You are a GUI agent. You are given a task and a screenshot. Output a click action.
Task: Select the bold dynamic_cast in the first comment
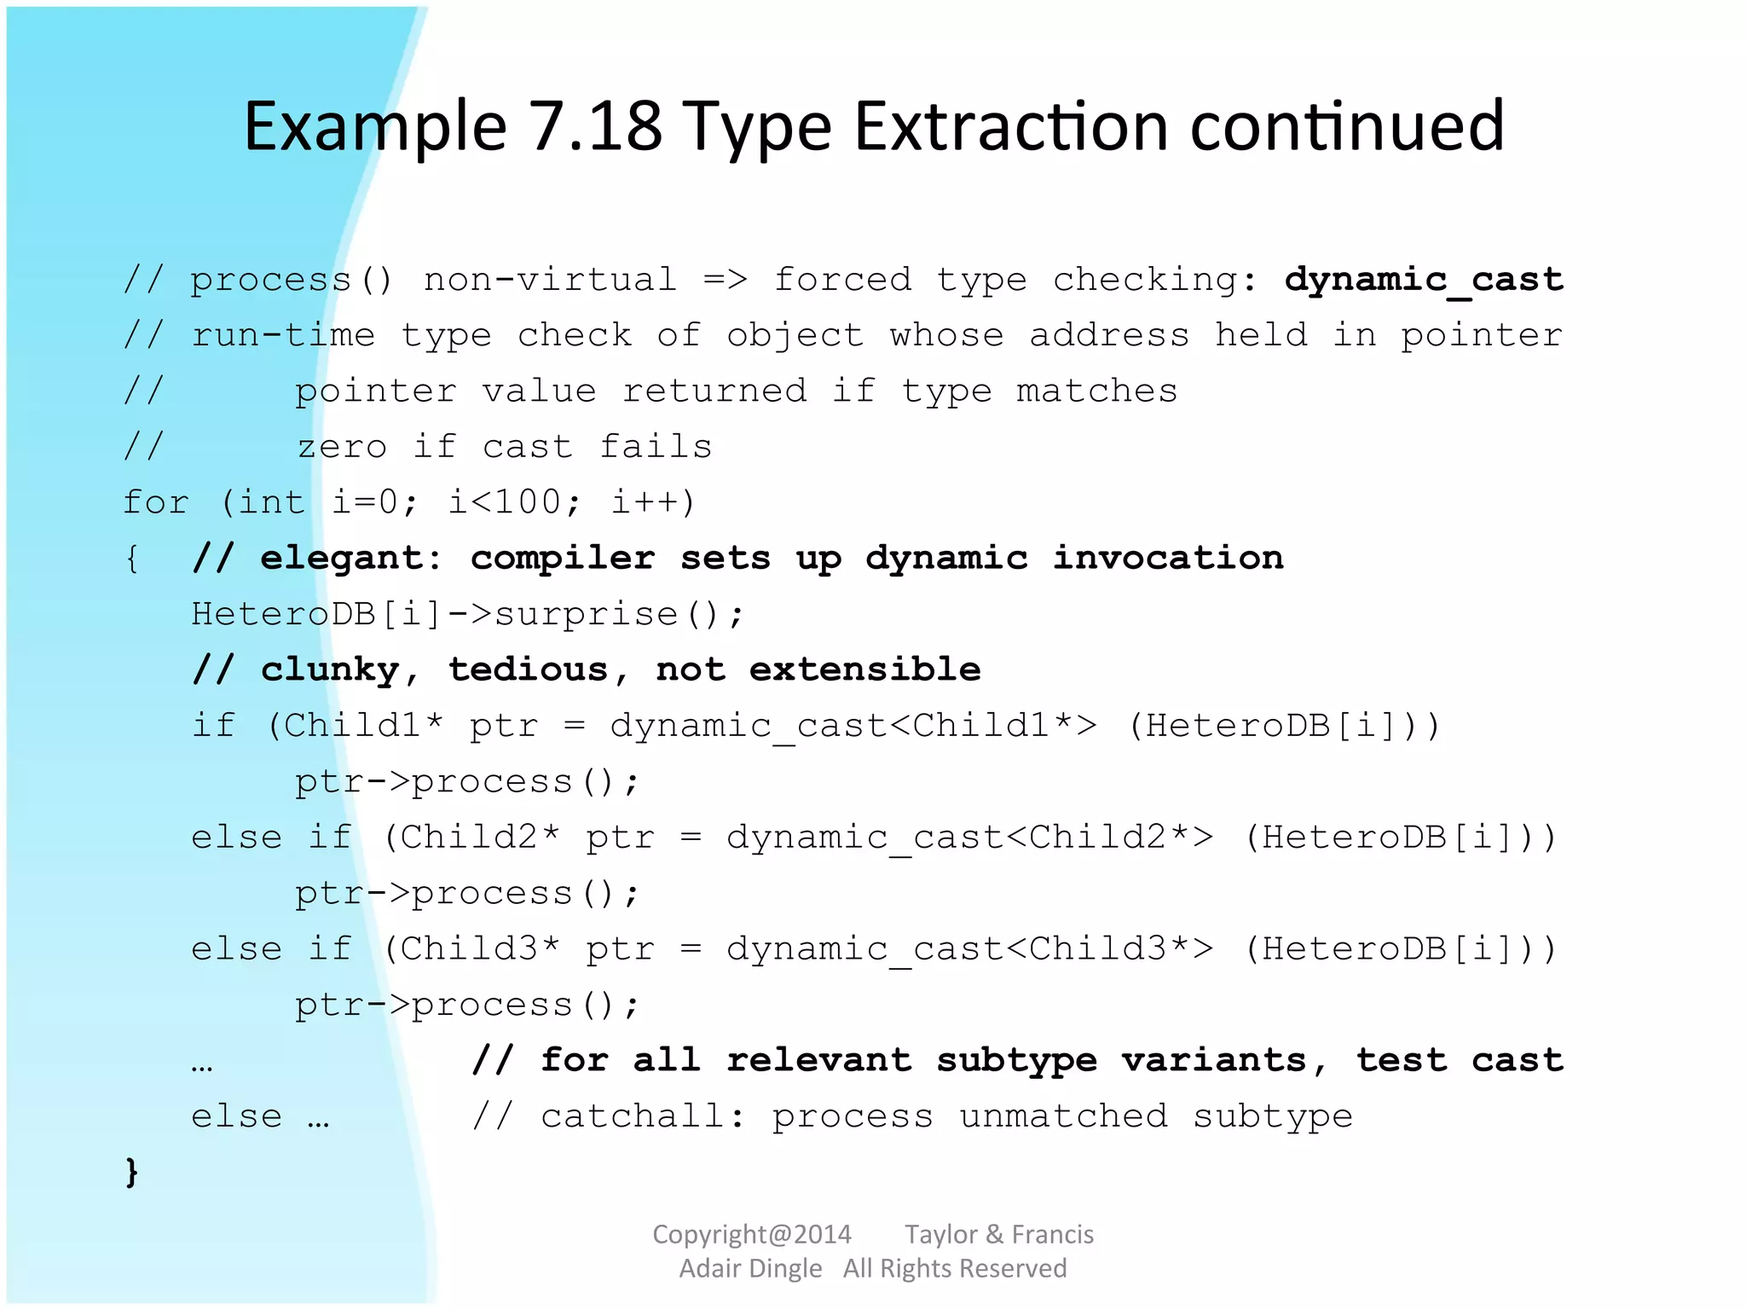pos(1424,280)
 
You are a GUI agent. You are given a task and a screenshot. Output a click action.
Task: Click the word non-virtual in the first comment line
pos(550,280)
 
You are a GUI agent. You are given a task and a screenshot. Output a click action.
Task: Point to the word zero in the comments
pos(341,447)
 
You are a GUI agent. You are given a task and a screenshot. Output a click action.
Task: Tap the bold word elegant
pos(350,559)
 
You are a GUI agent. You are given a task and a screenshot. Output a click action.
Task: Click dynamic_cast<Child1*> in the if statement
pos(853,726)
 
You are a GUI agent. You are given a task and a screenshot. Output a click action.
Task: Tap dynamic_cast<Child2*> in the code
pos(969,838)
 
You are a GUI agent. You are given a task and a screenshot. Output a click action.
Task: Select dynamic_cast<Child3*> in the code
pos(969,949)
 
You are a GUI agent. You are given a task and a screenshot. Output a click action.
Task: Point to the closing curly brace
pos(131,1172)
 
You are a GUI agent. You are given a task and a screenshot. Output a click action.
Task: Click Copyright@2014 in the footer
pos(751,1234)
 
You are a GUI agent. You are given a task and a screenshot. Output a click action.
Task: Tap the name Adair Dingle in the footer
pos(750,1268)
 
